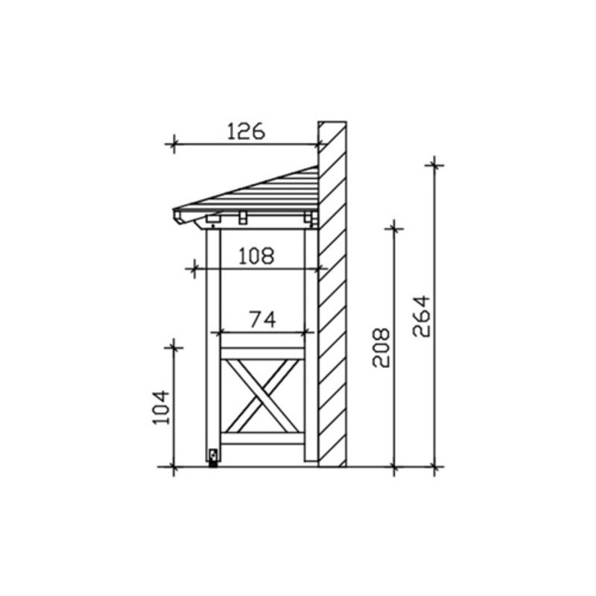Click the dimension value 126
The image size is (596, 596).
(x=246, y=131)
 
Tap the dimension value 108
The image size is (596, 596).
(x=256, y=256)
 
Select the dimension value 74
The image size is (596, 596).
(x=263, y=320)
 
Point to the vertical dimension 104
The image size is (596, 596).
(x=161, y=407)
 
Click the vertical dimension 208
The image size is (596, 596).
(x=381, y=347)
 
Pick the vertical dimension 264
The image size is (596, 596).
(x=421, y=316)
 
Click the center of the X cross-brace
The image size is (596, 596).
(x=262, y=396)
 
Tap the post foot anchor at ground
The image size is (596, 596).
(x=213, y=457)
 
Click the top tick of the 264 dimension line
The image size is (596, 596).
(x=434, y=165)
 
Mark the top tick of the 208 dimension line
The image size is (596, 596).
(x=394, y=229)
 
